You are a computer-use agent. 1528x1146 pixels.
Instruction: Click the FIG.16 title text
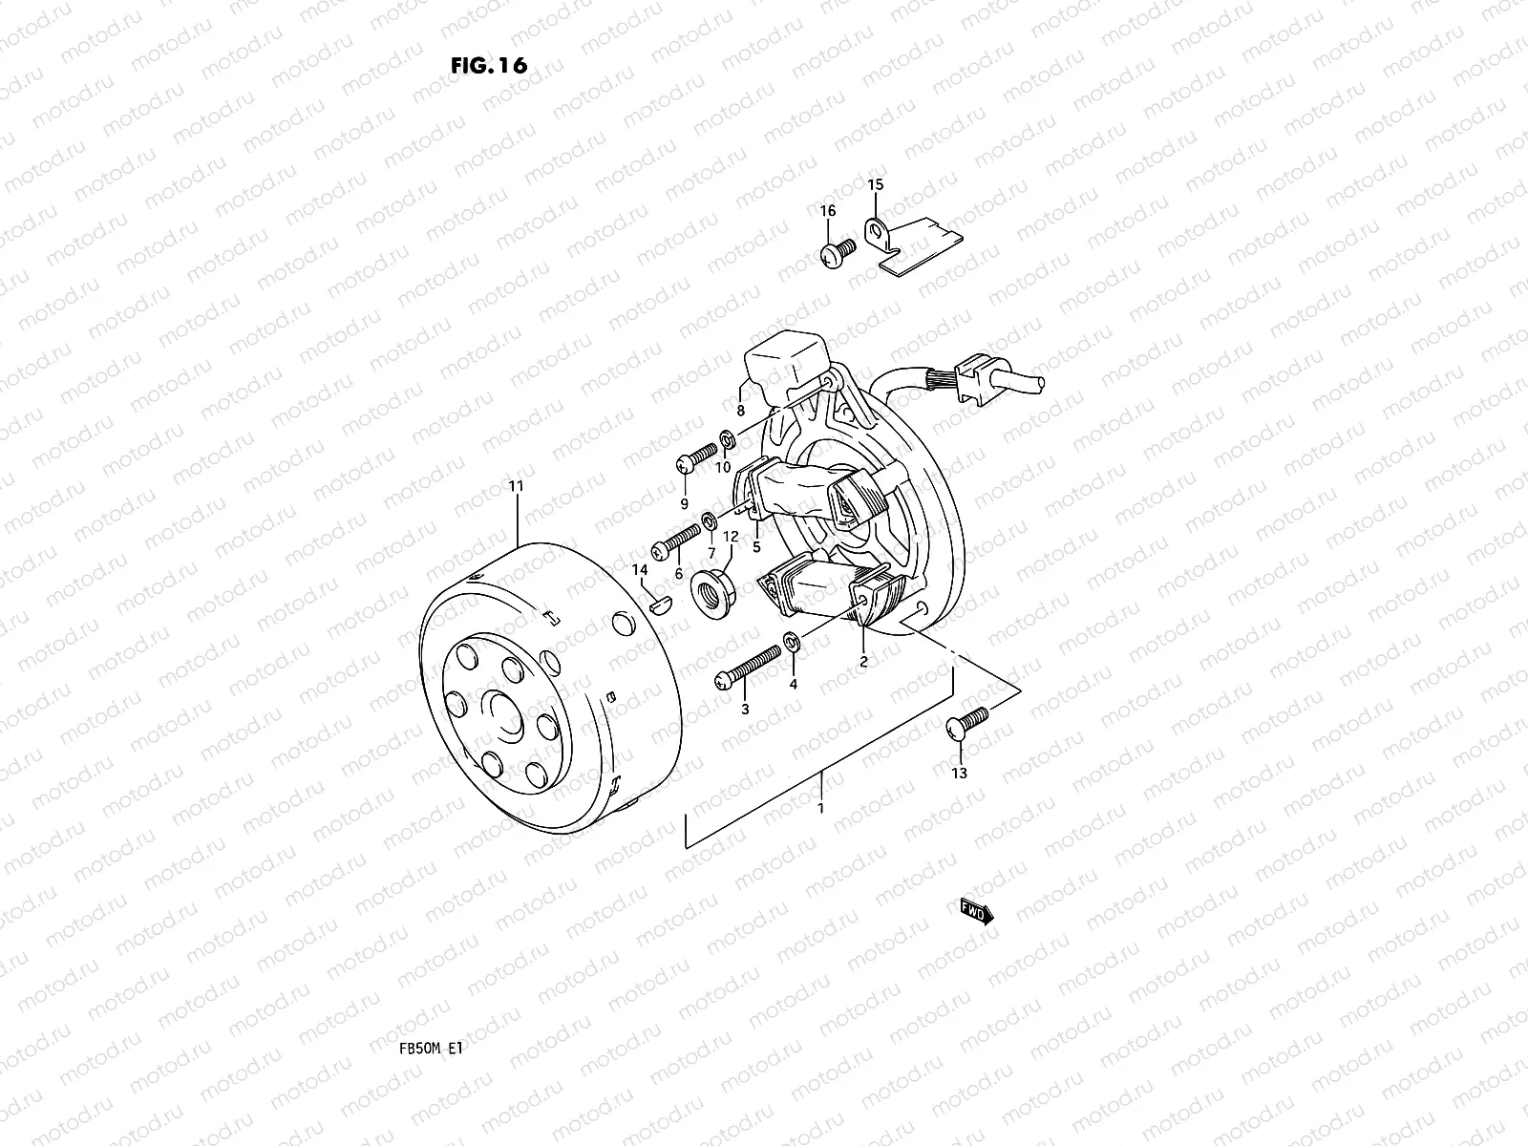point(488,65)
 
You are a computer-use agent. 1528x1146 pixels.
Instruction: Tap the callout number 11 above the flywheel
point(517,487)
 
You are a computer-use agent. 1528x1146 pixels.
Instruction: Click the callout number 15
point(876,184)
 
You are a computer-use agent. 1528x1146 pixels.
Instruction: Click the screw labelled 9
point(695,458)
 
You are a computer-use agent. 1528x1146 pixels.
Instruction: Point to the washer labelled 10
point(728,440)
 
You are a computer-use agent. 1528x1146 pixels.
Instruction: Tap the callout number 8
point(740,411)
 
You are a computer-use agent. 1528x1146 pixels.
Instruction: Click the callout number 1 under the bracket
point(819,808)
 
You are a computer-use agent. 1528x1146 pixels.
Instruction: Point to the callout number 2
point(863,661)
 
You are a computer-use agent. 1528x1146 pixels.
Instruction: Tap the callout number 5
point(756,548)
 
